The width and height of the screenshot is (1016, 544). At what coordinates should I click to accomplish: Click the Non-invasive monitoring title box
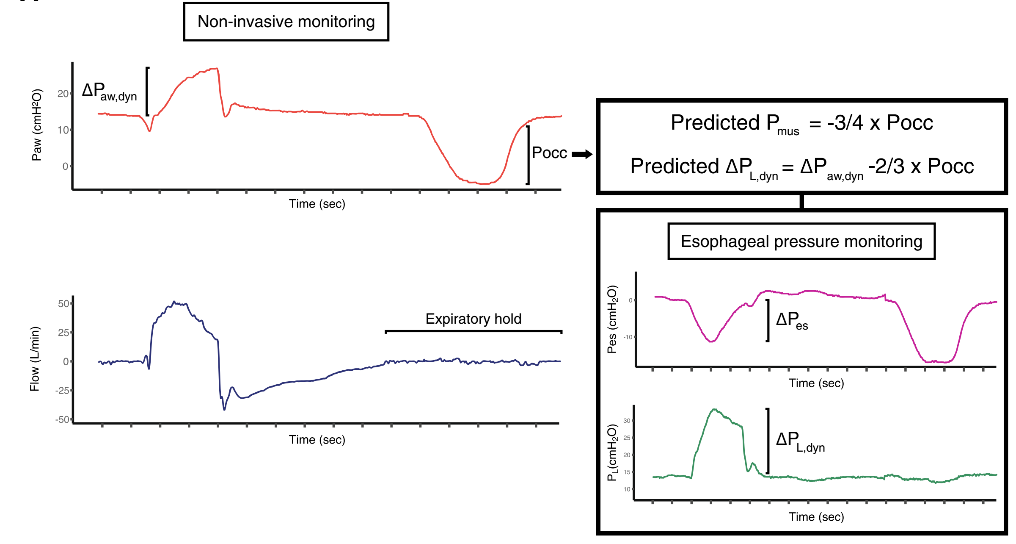click(x=286, y=22)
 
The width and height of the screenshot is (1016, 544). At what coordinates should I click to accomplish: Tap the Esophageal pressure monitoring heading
click(x=801, y=241)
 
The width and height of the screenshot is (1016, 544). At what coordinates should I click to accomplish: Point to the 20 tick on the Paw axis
click(x=63, y=94)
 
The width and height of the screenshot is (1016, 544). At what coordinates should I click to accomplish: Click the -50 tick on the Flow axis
click(x=62, y=419)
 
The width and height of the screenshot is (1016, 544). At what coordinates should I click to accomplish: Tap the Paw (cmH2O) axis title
click(x=37, y=125)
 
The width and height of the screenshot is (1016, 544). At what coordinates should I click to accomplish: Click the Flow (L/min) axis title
click(x=35, y=359)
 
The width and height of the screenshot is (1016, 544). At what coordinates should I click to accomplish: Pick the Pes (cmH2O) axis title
click(x=612, y=319)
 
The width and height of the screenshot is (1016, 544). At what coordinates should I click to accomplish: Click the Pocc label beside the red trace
click(x=549, y=153)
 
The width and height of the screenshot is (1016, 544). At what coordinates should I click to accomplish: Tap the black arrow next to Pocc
click(x=582, y=154)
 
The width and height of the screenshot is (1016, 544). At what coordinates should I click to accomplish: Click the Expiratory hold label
click(x=473, y=319)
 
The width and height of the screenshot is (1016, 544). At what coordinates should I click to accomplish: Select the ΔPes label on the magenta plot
click(x=792, y=320)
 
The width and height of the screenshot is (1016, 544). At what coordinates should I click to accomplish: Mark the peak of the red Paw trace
click(x=216, y=69)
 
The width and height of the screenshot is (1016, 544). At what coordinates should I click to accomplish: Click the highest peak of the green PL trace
click(x=715, y=409)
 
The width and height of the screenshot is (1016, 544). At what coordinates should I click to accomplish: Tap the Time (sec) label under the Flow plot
click(x=317, y=440)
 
